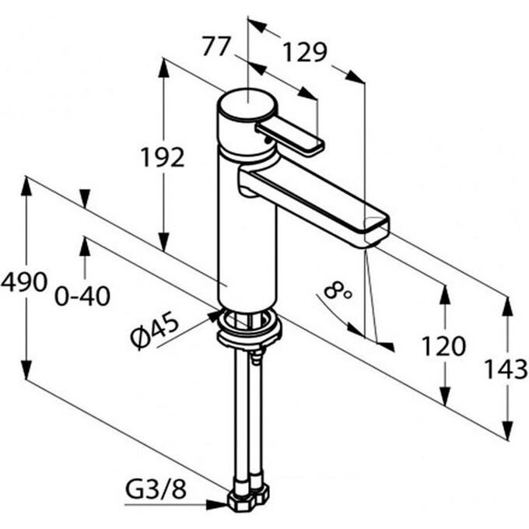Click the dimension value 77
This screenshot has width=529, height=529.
pyautogui.click(x=216, y=47)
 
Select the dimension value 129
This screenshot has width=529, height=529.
pyautogui.click(x=303, y=52)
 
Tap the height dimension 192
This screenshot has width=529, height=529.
pyautogui.click(x=163, y=157)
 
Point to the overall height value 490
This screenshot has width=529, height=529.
pyautogui.click(x=24, y=282)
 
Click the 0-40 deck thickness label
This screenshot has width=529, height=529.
pyautogui.click(x=82, y=296)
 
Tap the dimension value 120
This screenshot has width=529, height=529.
pyautogui.click(x=445, y=345)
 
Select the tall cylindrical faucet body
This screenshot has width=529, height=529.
pyautogui.click(x=247, y=233)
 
